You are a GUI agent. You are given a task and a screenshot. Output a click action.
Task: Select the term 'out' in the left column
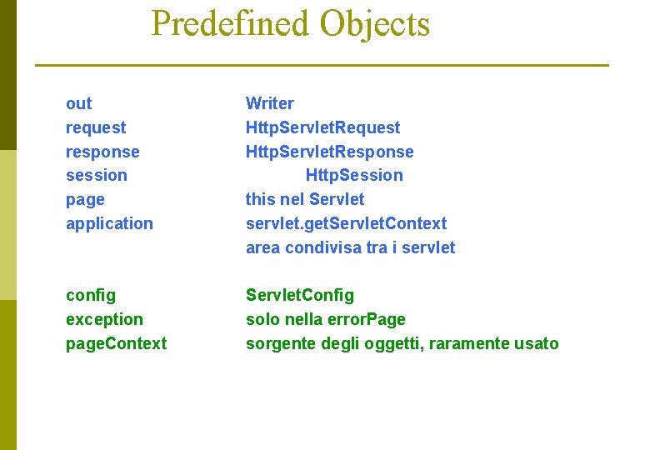[78, 103]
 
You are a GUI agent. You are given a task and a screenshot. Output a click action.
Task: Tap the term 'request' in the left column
[96, 127]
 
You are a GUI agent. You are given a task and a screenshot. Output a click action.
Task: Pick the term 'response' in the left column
[102, 152]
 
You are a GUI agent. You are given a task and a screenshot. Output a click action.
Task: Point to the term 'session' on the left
[97, 175]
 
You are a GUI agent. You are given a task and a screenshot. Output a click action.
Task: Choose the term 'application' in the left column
[109, 223]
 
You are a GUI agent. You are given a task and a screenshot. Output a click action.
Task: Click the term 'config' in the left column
[91, 295]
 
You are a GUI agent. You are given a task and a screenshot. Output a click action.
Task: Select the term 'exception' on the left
[104, 319]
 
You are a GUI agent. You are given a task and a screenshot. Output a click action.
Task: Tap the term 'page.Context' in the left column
[116, 343]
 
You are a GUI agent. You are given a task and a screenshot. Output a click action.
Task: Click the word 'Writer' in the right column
[269, 103]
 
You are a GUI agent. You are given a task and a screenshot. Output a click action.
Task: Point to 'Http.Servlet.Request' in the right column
[322, 127]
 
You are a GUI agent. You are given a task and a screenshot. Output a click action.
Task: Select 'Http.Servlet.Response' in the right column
[329, 152]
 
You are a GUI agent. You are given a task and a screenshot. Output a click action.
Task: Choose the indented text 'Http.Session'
[354, 175]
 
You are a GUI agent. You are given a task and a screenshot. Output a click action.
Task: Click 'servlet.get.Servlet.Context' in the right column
[346, 223]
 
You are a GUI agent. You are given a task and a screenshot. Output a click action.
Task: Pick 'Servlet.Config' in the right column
[299, 295]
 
